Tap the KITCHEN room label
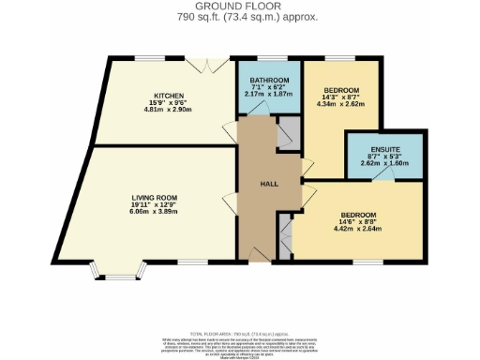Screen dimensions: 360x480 170,95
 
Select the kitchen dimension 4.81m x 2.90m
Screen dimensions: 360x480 170,110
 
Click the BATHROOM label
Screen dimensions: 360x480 268,80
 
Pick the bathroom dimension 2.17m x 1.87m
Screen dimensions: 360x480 268,94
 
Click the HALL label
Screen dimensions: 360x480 266,184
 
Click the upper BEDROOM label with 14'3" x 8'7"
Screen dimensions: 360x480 339,90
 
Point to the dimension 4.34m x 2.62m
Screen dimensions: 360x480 339,104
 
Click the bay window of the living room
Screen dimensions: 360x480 118,276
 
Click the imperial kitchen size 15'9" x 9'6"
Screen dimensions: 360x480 170,102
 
